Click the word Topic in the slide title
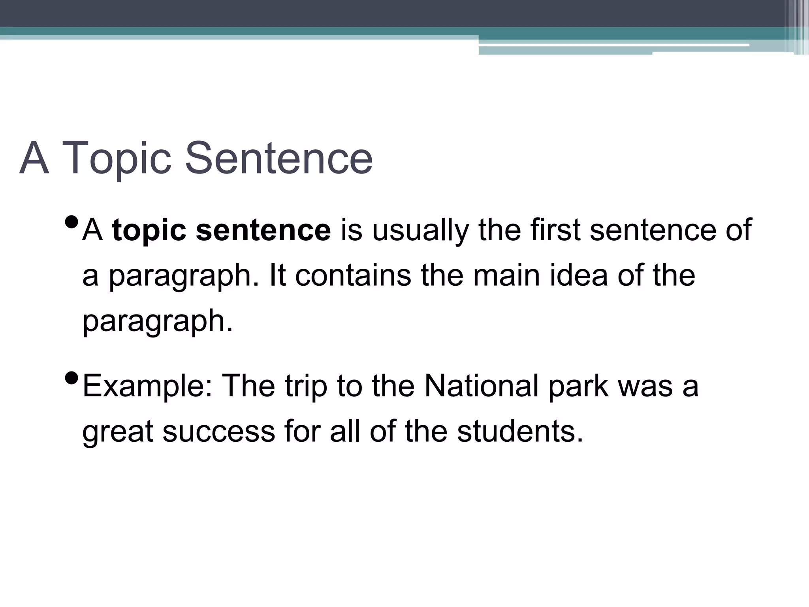click(117, 159)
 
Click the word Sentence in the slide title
click(279, 159)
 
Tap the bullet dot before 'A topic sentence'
click(71, 223)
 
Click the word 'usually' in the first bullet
click(420, 230)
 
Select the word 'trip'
click(306, 386)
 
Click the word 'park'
click(578, 386)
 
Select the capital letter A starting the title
click(34, 159)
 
